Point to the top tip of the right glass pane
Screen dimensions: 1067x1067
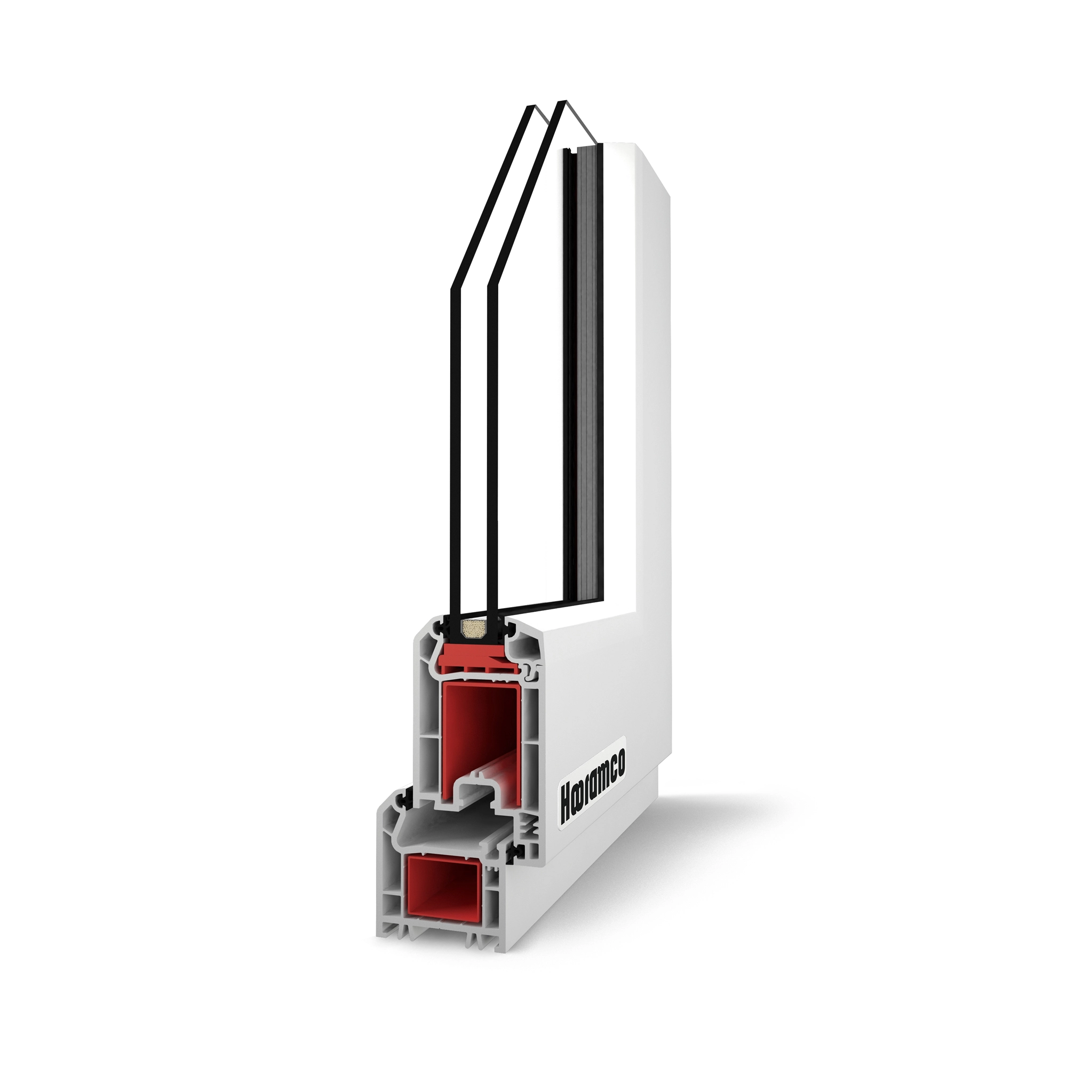pyautogui.click(x=562, y=103)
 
